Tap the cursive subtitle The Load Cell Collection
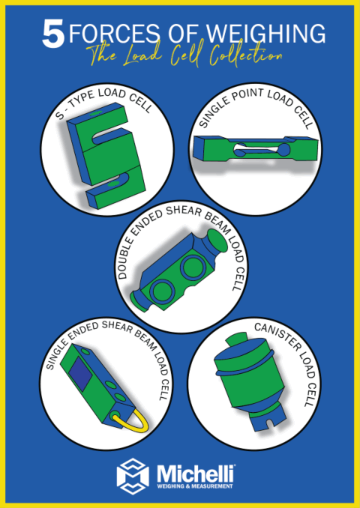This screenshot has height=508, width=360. pos(182,57)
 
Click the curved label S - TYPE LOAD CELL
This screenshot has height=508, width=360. pos(113,104)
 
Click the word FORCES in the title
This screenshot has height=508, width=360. pos(113,34)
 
